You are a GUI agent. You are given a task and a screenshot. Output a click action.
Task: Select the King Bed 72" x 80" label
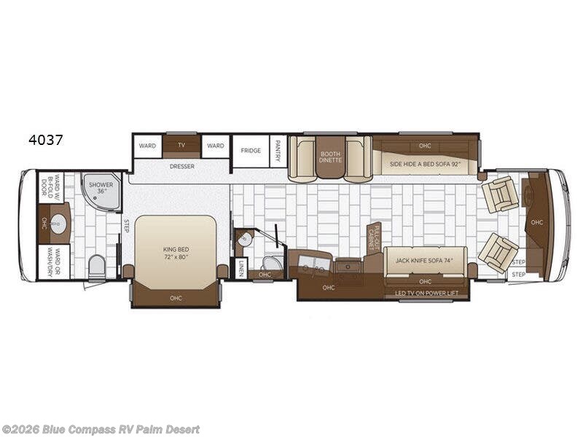click(176, 253)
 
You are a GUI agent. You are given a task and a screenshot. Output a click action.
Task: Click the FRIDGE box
click(251, 151)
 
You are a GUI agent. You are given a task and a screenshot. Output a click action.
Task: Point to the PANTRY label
click(278, 151)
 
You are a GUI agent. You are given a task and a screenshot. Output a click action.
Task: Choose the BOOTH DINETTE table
click(330, 157)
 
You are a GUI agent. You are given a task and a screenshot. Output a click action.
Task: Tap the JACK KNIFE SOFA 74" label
click(426, 259)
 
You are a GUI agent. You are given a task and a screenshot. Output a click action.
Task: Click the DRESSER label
click(181, 165)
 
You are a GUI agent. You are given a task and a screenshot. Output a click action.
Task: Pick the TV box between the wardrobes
click(181, 146)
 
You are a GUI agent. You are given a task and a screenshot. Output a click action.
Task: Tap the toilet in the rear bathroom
click(96, 267)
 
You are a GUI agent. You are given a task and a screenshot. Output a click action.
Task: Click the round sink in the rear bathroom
click(58, 224)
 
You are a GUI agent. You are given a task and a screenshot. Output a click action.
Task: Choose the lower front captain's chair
click(498, 253)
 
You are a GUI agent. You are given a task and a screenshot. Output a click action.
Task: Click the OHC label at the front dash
click(537, 223)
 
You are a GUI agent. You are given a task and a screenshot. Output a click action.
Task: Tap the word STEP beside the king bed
click(125, 226)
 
